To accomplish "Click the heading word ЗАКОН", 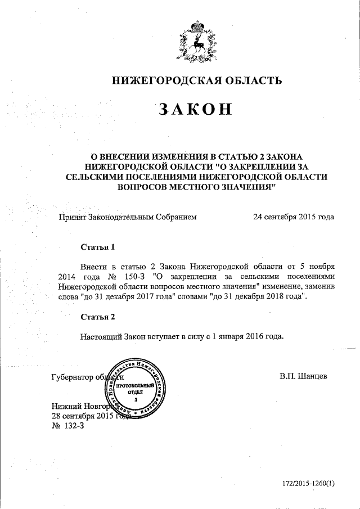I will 195,109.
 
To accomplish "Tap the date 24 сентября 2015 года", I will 294,217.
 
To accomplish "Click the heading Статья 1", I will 98,246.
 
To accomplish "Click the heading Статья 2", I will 98,317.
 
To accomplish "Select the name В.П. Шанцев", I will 304,376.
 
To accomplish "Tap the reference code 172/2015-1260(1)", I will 308,483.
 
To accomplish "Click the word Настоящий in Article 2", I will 103,336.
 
